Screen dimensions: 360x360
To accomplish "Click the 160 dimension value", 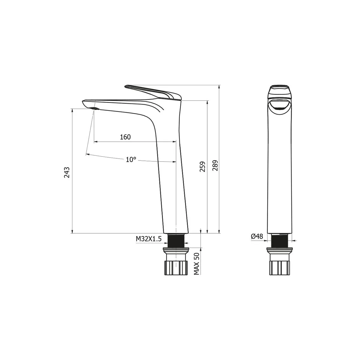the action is tap(125, 137).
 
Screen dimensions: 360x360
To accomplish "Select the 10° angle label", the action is tap(131, 160).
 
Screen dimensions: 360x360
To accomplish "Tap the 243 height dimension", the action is tap(67, 172).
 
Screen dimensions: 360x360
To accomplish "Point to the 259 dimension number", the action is tap(202, 166).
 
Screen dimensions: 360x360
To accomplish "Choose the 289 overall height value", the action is tap(215, 165).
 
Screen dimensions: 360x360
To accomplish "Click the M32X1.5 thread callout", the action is tap(148, 239).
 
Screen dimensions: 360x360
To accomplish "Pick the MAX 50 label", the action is tap(196, 264).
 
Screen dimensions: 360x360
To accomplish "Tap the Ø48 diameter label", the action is tap(257, 236).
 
